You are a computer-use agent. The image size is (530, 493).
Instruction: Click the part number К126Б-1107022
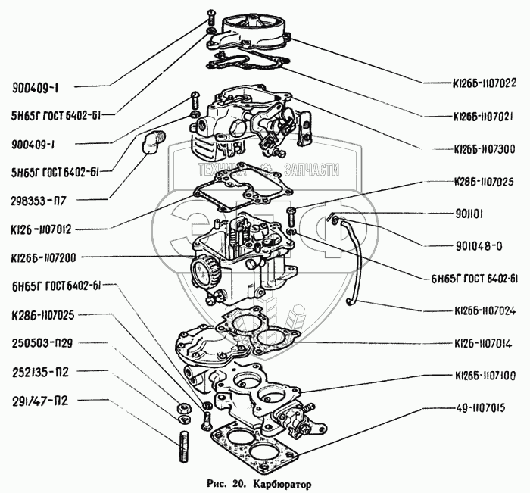(483, 84)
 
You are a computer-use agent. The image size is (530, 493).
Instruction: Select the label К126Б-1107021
(483, 117)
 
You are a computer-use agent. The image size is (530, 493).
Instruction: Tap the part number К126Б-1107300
(483, 150)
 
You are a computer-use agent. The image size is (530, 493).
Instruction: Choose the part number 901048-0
(475, 246)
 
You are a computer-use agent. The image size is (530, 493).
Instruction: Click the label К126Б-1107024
(483, 310)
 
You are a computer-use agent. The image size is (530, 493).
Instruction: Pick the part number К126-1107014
(482, 343)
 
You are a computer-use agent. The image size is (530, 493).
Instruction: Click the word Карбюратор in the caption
(279, 482)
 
